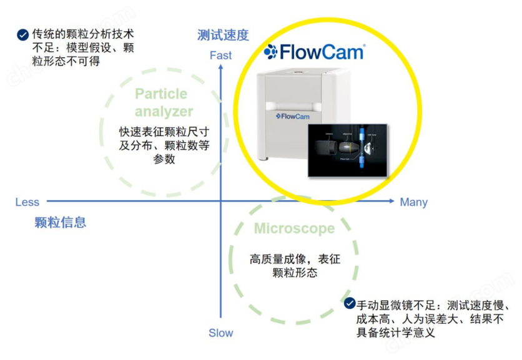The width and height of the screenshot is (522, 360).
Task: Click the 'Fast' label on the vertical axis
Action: point(220,55)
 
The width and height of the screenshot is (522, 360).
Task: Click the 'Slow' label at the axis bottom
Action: point(220,333)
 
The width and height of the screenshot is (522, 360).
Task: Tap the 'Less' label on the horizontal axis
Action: point(27,202)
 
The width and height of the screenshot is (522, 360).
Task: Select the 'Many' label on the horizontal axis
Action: point(413,202)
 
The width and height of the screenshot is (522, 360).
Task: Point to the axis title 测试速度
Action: point(223,35)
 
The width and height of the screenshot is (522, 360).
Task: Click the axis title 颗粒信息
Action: point(61,222)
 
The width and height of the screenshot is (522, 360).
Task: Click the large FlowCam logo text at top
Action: point(321,52)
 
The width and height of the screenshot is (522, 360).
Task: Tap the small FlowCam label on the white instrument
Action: point(292,116)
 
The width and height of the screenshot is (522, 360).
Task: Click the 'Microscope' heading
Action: point(294,229)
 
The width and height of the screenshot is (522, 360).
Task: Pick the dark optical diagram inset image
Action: point(348,149)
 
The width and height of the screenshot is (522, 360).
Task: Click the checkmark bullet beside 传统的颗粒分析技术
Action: point(22,35)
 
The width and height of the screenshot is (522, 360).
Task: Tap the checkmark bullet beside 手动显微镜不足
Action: point(350,303)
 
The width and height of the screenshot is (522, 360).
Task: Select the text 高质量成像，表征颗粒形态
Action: point(295,266)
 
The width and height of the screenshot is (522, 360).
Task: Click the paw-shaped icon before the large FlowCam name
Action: point(270,52)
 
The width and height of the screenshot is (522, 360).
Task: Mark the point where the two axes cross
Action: point(220,202)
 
